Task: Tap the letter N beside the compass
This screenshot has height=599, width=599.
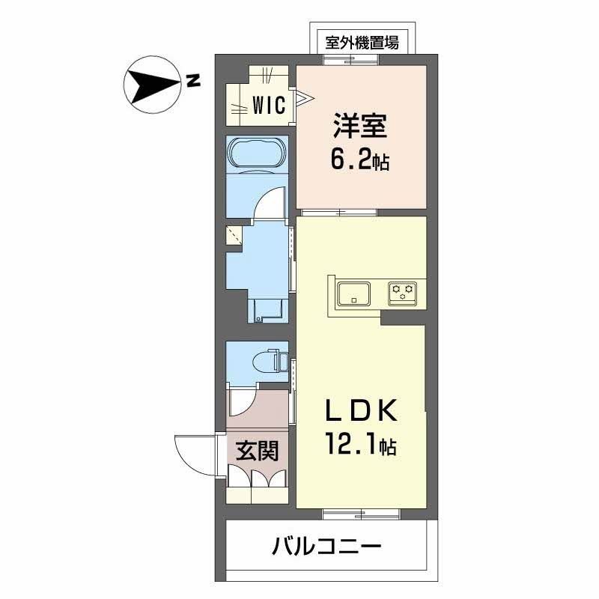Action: click(x=194, y=81)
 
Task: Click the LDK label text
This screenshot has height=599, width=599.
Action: click(x=357, y=412)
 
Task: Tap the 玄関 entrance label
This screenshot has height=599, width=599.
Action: click(x=258, y=451)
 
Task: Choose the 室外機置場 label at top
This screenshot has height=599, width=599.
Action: click(x=362, y=43)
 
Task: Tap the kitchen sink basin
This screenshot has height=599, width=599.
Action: click(x=353, y=293)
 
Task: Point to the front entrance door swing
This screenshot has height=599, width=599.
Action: click(x=196, y=454)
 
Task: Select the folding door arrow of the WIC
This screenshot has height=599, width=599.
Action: click(x=304, y=97)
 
